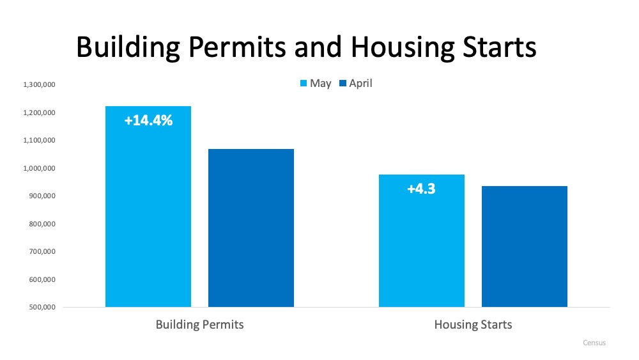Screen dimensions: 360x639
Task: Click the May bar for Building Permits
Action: (148, 211)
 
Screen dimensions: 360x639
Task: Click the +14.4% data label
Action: (148, 120)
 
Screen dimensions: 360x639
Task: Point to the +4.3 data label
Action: (421, 189)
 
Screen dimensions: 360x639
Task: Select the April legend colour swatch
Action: (343, 84)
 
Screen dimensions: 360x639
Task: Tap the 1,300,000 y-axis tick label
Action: (40, 85)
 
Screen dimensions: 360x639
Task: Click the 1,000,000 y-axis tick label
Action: (40, 168)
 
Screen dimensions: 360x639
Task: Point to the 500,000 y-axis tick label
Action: (42, 308)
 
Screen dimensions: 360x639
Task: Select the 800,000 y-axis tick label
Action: (42, 224)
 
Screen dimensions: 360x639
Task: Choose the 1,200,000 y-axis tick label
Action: (40, 113)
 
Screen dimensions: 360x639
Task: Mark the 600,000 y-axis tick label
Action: (42, 279)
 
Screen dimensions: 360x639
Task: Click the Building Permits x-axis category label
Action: (199, 325)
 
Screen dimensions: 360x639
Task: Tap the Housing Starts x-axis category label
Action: (473, 325)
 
